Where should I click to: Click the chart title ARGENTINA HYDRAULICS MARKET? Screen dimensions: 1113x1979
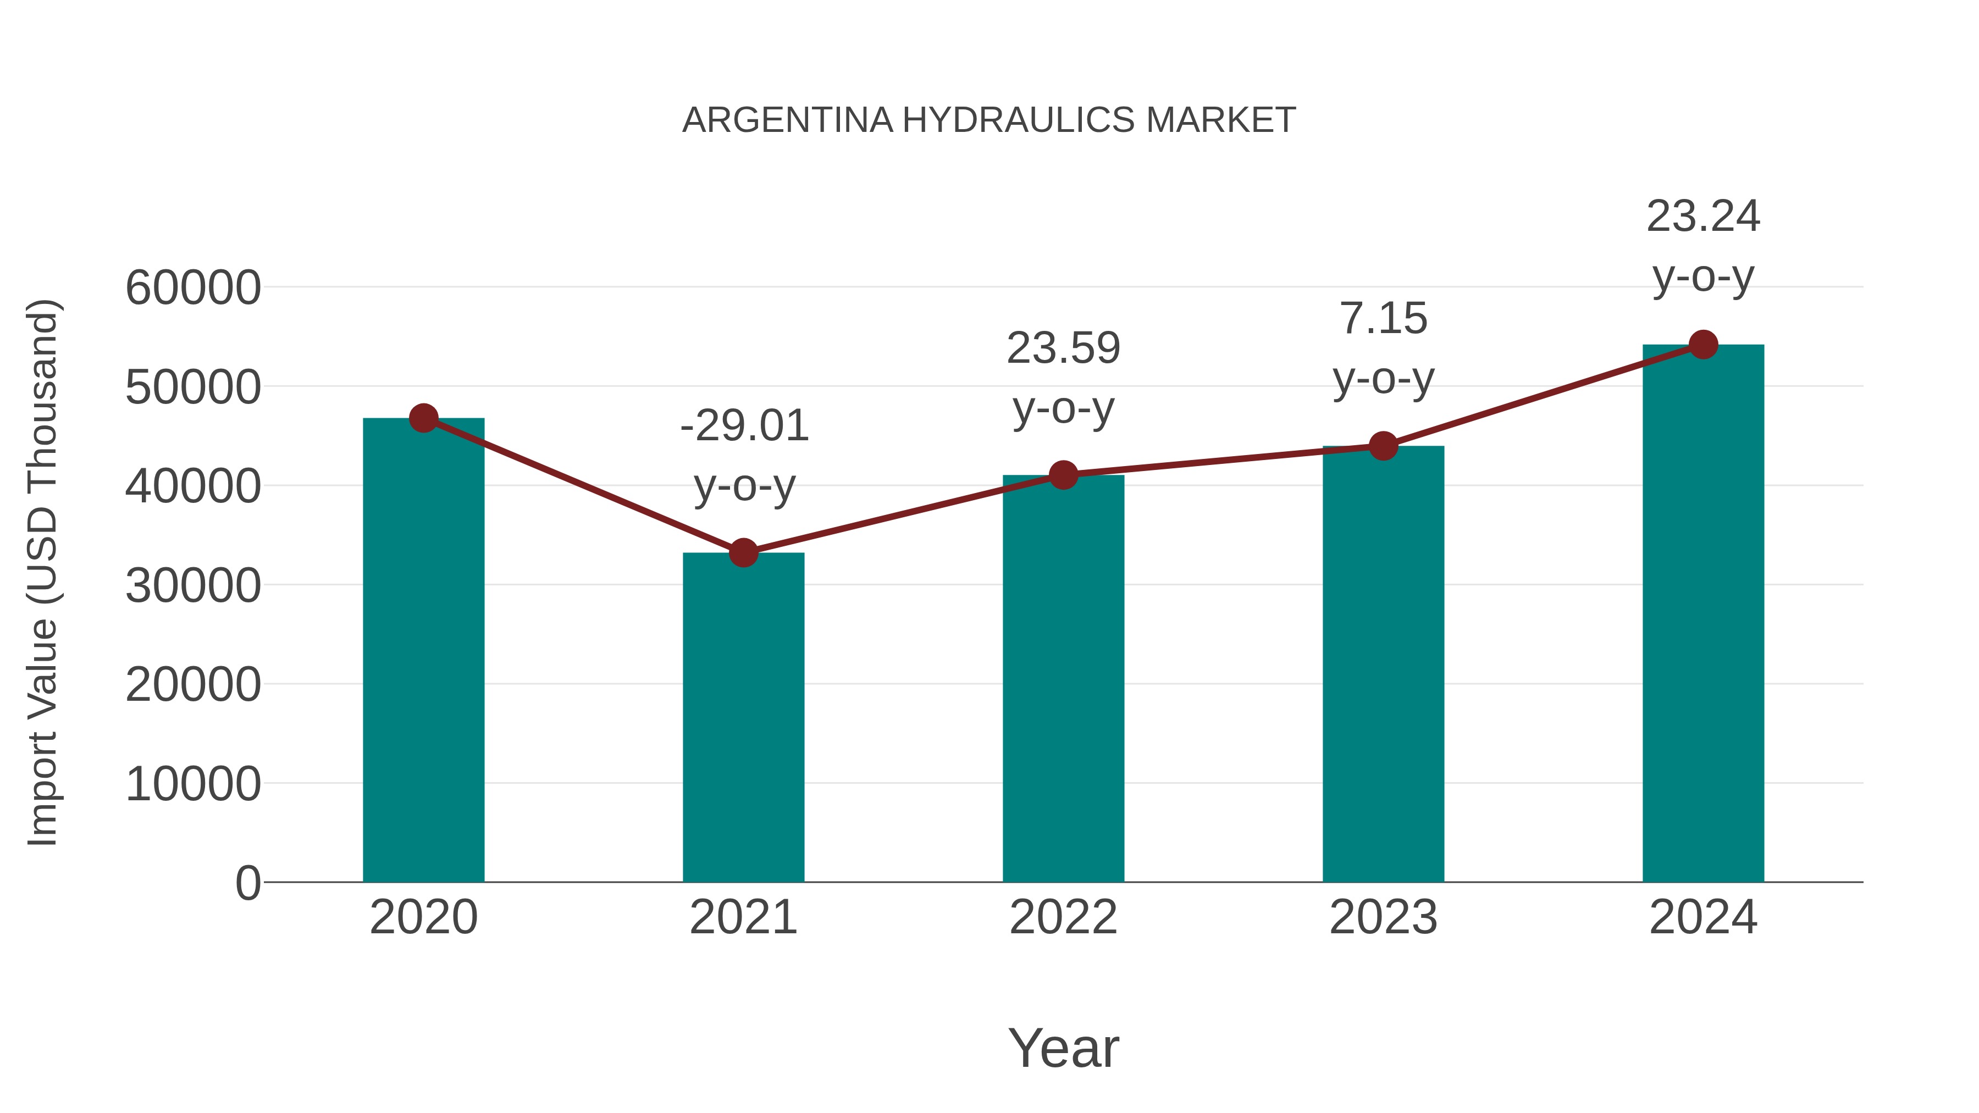(x=989, y=120)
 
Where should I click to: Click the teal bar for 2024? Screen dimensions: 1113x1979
(x=1703, y=614)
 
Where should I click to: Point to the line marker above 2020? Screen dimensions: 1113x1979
(x=423, y=419)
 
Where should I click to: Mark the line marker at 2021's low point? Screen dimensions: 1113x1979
(x=743, y=552)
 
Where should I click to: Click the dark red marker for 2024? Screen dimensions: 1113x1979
(x=1703, y=345)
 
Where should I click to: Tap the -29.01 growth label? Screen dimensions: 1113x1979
(x=744, y=427)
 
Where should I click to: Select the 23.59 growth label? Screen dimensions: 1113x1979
(x=1063, y=348)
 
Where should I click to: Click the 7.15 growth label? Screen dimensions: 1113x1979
(x=1383, y=319)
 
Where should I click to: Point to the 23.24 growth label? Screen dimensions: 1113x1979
(x=1703, y=217)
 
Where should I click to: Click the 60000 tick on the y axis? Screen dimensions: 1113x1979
(x=193, y=289)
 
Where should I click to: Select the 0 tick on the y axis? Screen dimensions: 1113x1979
(x=248, y=883)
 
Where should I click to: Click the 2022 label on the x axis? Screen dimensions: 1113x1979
(x=1063, y=918)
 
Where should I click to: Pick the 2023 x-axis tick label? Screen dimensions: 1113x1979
(x=1383, y=918)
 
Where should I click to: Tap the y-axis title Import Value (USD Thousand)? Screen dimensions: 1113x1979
(x=43, y=572)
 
